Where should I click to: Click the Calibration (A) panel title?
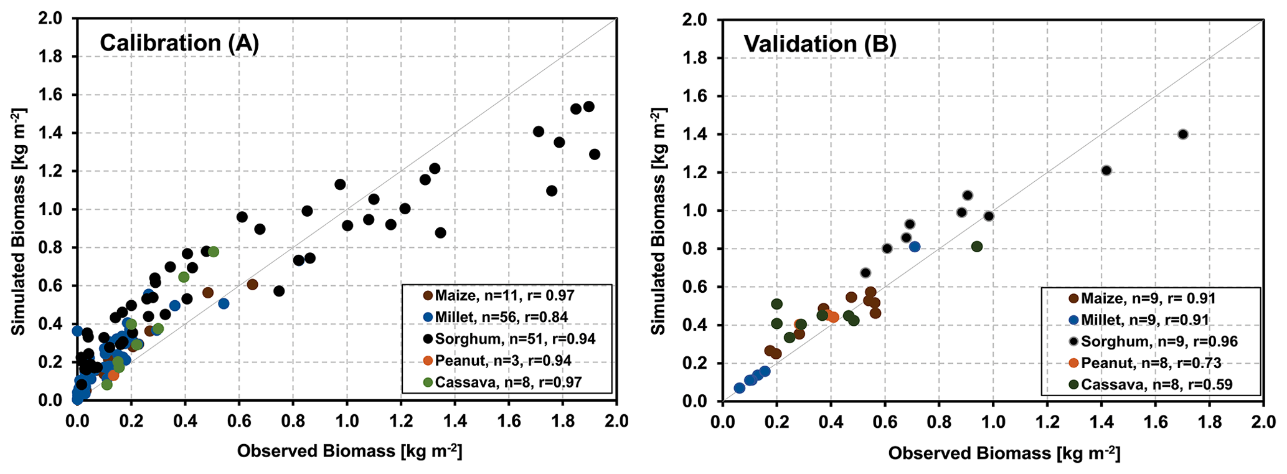click(x=179, y=42)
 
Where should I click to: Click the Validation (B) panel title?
click(x=820, y=44)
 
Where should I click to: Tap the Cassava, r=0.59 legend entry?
click(x=1156, y=384)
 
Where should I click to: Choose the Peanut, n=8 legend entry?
click(x=1151, y=363)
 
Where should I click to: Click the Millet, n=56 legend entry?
click(x=501, y=317)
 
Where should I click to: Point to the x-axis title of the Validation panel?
click(x=1004, y=453)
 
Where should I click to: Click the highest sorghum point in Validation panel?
click(x=1183, y=134)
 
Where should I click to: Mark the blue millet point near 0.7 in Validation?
click(x=915, y=247)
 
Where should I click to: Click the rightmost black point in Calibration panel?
click(x=595, y=154)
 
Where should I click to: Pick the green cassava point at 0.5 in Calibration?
click(x=214, y=252)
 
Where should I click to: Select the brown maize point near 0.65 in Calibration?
click(x=252, y=285)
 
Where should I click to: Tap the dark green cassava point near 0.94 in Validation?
click(x=977, y=247)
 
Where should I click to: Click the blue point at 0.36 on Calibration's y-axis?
click(x=77, y=331)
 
